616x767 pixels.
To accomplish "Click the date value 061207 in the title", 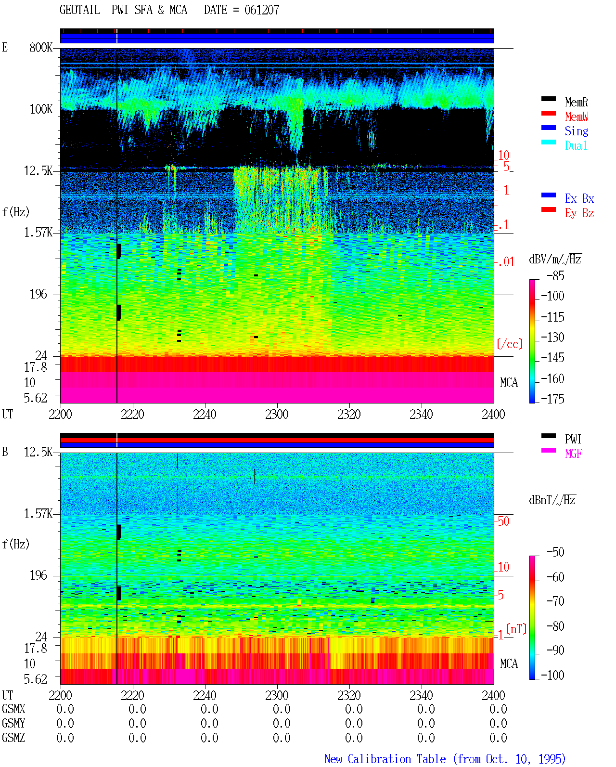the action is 261,10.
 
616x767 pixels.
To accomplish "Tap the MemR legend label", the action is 576,102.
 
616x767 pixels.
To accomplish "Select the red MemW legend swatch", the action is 548,113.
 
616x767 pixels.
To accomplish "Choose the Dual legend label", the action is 576,145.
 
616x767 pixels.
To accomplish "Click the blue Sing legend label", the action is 576,131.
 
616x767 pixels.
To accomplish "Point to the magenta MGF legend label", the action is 573,454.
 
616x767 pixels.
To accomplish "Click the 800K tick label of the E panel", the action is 41,47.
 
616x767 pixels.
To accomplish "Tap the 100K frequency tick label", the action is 41,109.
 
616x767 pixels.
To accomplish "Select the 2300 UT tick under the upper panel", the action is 277,414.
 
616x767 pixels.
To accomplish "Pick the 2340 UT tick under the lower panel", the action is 421,695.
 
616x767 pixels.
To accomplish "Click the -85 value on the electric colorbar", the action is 555,275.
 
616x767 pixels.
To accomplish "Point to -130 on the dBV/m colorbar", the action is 552,337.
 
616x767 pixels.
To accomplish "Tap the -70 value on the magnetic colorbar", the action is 555,601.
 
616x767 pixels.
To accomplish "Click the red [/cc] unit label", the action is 510,344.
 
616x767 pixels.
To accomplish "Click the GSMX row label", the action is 13,709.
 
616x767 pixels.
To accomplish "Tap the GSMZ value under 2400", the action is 498,738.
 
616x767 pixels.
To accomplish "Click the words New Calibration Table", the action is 385,759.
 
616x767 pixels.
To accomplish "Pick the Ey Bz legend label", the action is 579,213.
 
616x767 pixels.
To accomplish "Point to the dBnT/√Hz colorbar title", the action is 552,500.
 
